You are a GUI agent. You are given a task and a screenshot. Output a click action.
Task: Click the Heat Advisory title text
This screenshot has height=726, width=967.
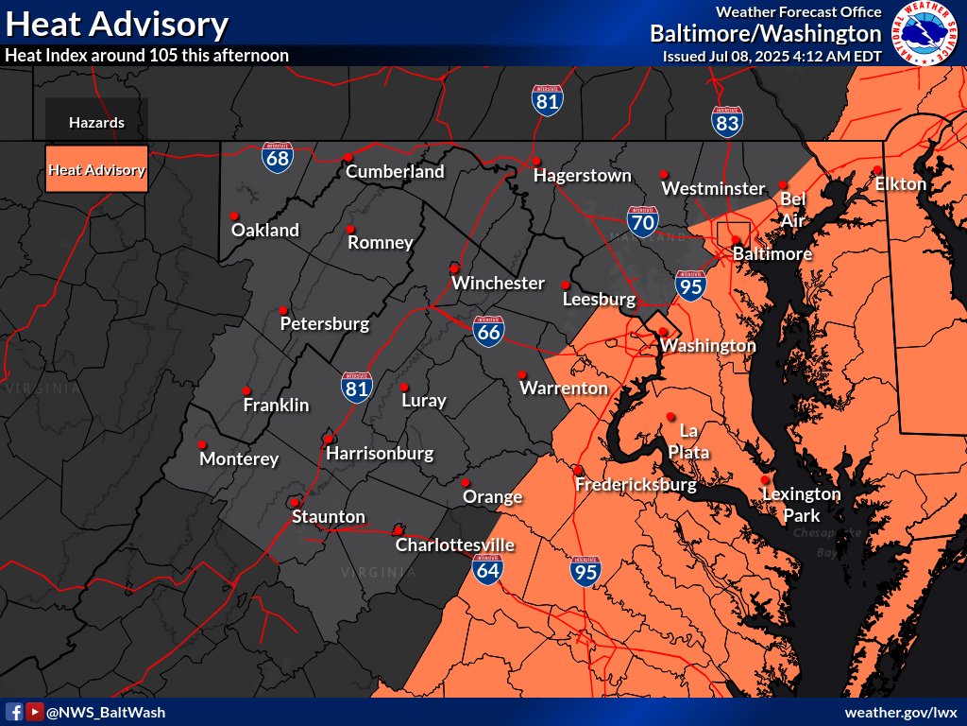[x=116, y=25]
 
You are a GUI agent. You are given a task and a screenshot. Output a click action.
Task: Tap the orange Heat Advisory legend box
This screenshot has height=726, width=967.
[x=96, y=170]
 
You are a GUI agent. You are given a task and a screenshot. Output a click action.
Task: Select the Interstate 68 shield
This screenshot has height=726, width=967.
[x=278, y=156]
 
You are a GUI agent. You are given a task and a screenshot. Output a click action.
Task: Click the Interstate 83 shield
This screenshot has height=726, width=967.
[x=727, y=120]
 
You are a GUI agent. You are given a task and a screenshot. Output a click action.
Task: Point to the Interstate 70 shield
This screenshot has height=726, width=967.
[x=642, y=221]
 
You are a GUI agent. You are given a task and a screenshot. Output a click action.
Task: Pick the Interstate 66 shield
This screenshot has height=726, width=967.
[x=488, y=330]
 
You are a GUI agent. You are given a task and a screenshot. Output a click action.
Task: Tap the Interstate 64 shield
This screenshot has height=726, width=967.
[x=488, y=566]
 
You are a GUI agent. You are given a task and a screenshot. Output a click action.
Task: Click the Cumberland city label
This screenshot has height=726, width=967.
[x=395, y=172]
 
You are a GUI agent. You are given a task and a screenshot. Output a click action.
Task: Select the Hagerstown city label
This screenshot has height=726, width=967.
[x=582, y=176]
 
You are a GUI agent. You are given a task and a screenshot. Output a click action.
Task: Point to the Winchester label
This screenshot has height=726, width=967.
[x=498, y=283]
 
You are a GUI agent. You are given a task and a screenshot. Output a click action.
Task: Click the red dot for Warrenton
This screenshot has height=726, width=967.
[x=522, y=373]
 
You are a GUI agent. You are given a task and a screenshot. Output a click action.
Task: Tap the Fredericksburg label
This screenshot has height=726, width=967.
[x=636, y=485]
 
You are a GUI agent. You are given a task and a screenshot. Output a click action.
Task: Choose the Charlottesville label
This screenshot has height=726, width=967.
[x=454, y=545]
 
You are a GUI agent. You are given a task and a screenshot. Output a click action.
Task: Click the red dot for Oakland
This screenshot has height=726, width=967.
[x=233, y=214]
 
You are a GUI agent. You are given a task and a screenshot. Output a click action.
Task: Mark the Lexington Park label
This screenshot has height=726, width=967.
[x=801, y=505]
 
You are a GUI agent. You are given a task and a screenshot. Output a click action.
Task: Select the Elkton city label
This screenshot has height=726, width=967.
[x=900, y=183]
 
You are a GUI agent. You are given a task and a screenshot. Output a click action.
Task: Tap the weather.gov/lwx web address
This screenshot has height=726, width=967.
[x=901, y=712]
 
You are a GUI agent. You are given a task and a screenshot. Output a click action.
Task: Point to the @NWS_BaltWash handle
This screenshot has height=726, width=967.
[x=105, y=712]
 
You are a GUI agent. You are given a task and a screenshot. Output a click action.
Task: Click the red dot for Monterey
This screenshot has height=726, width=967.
[x=201, y=443]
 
